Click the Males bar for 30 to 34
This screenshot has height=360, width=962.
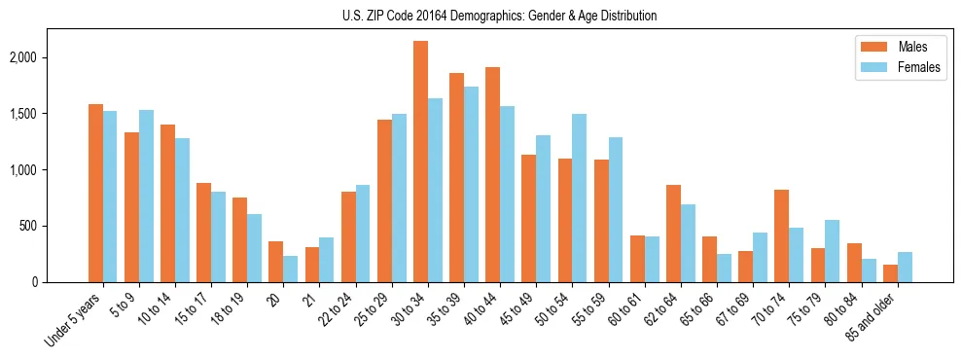point(420,162)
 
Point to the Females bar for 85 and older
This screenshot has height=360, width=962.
point(905,268)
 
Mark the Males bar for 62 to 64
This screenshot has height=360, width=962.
point(673,234)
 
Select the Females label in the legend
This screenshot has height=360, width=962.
point(920,67)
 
